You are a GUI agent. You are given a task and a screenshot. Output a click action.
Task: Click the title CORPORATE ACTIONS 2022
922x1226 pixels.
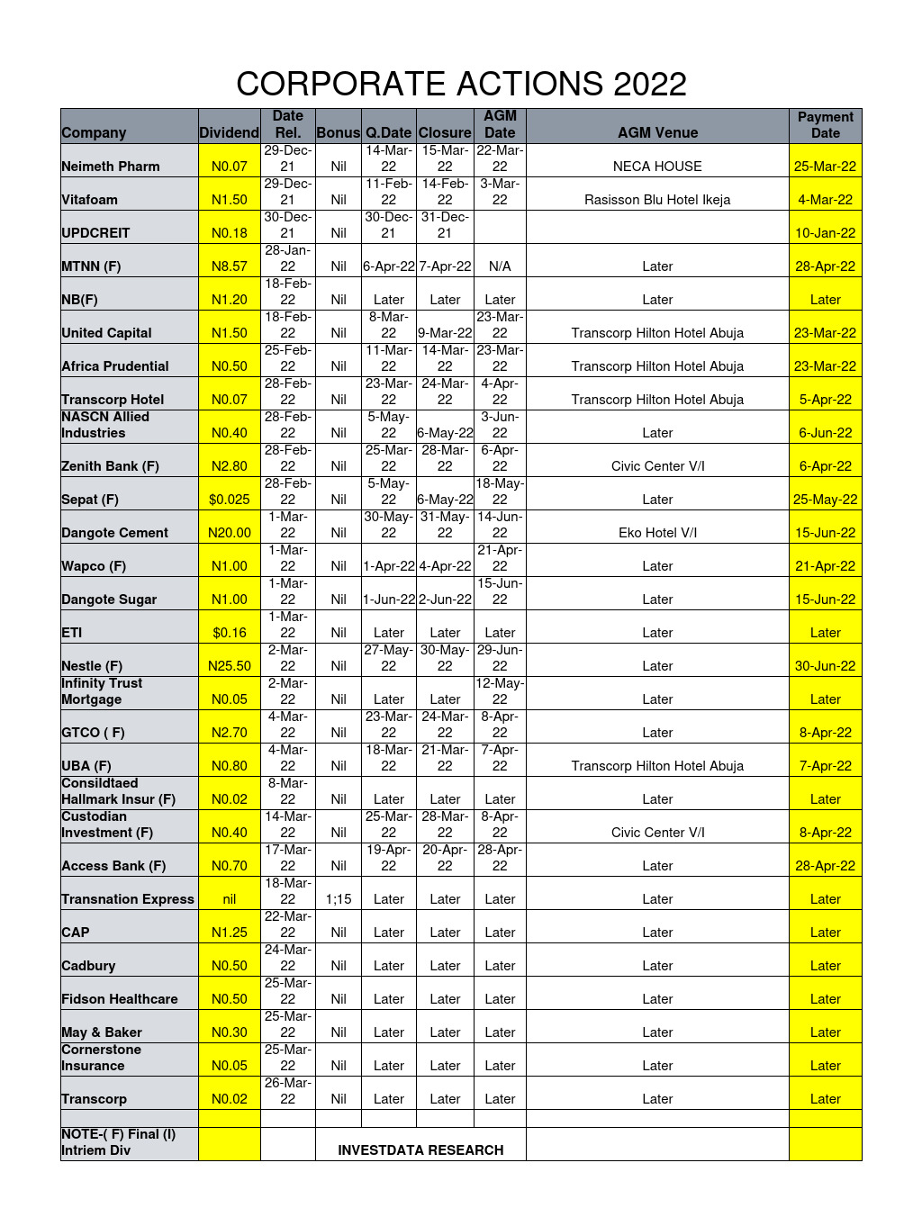[x=461, y=84]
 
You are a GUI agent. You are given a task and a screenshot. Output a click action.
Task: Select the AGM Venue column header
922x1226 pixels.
[x=657, y=132]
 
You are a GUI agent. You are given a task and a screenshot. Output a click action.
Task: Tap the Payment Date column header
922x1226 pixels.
[x=825, y=125]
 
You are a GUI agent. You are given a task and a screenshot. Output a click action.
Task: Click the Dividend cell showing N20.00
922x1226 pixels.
[x=230, y=533]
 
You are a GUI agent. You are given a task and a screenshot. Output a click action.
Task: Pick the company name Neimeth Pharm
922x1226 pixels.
[x=111, y=167]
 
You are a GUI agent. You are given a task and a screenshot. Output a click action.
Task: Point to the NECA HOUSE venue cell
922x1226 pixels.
[x=657, y=167]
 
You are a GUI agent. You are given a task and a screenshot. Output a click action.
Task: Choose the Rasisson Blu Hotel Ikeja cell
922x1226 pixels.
[x=657, y=200]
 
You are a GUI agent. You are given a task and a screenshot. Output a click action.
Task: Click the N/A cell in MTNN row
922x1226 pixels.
[x=500, y=266]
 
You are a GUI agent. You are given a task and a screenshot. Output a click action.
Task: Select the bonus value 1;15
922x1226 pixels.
[x=339, y=899]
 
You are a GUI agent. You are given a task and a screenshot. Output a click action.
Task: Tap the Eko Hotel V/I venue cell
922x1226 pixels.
[x=657, y=533]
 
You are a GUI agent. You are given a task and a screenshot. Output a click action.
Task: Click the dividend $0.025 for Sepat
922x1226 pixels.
[x=230, y=500]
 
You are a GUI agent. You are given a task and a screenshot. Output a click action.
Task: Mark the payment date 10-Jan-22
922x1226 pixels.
[x=825, y=233]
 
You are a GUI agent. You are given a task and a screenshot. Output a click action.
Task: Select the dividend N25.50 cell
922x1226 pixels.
[x=230, y=666]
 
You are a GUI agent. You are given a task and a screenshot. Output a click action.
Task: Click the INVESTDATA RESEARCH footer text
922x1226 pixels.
[x=420, y=1150]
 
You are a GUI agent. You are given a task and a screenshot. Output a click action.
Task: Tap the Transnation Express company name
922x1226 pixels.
[x=128, y=899]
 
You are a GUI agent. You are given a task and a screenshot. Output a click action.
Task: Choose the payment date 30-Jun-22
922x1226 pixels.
[x=825, y=666]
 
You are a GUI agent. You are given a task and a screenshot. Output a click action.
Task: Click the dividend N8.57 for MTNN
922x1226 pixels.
[x=230, y=266]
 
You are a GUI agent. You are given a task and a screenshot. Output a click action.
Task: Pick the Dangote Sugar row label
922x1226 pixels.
[x=109, y=599]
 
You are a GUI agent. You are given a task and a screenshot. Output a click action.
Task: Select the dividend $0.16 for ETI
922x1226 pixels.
[x=230, y=633]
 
